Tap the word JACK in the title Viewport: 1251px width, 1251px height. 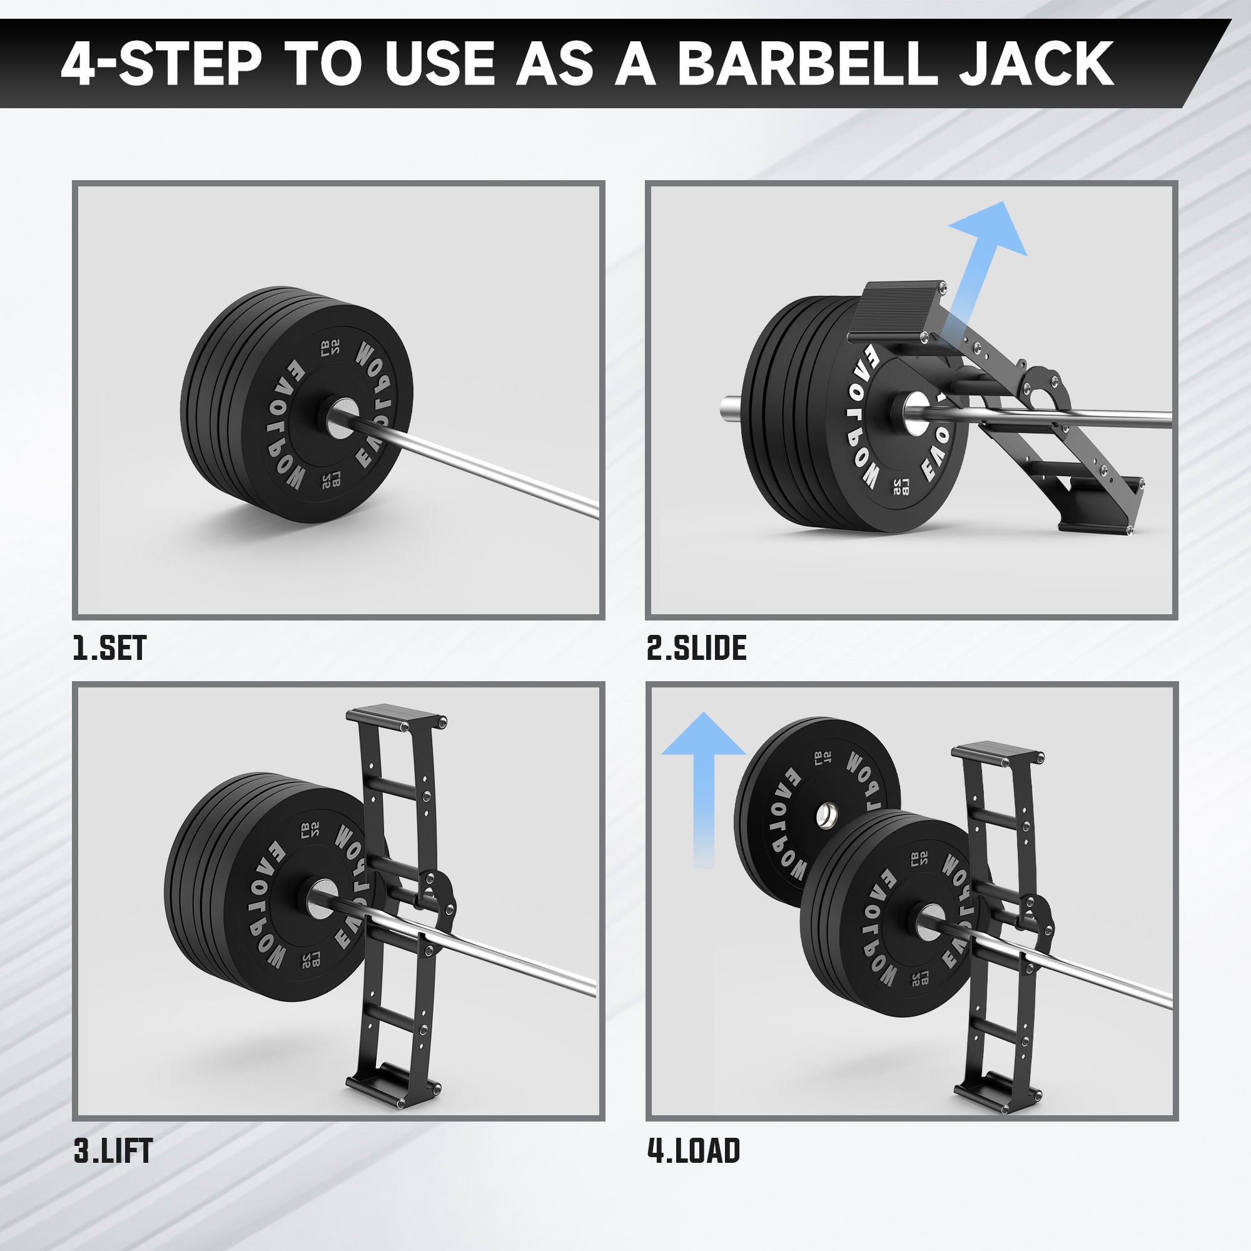[1036, 63]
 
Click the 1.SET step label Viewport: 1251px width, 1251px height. [109, 648]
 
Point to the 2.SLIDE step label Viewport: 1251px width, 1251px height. [696, 648]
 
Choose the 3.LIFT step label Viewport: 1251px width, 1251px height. [113, 1151]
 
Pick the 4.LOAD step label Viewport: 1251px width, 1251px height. [694, 1151]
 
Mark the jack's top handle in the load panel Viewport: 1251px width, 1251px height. [996, 754]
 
